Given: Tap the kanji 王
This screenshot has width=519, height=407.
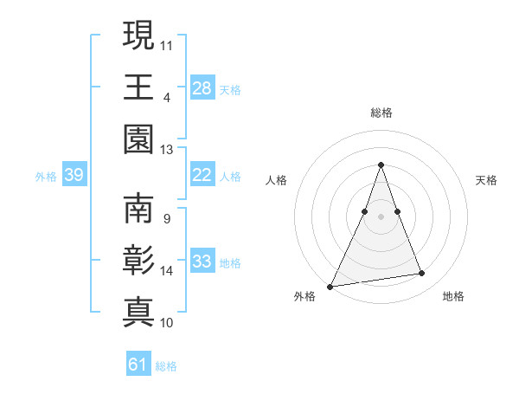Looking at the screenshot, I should click(x=138, y=87).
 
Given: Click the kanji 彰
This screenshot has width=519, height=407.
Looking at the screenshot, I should click(x=138, y=262).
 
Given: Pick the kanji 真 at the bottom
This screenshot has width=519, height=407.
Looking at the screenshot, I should click(x=138, y=313).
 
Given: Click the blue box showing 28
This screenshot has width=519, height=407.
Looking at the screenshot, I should click(x=202, y=88).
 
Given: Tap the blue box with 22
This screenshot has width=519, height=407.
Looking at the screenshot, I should click(x=202, y=175).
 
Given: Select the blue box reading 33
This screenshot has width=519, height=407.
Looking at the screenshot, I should click(x=202, y=262).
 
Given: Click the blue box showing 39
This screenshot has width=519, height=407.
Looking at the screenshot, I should click(x=74, y=176).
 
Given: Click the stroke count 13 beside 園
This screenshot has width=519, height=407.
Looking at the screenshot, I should click(x=167, y=150).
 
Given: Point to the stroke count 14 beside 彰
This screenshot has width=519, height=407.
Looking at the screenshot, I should click(x=167, y=270).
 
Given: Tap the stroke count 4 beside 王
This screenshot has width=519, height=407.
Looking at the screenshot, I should click(x=166, y=96).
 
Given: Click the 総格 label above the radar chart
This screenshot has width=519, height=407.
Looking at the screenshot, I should click(x=381, y=113).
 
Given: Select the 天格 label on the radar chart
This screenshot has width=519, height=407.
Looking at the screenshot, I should click(x=486, y=180).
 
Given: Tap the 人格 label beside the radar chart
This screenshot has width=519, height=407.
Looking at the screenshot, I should click(x=276, y=180).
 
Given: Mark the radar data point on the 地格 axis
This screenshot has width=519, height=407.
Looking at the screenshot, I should click(x=422, y=274).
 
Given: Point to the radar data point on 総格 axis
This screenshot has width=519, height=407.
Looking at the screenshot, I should click(x=381, y=165).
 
